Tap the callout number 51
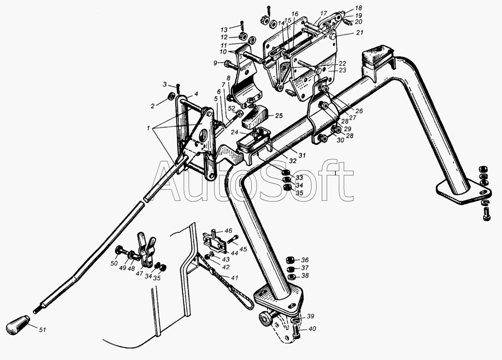42,329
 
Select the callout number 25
279,116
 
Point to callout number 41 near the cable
235,278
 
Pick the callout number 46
228,231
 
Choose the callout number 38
305,275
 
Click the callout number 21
360,33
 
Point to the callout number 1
148,128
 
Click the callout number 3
165,84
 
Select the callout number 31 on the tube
302,156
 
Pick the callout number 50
114,264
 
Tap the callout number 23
342,70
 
